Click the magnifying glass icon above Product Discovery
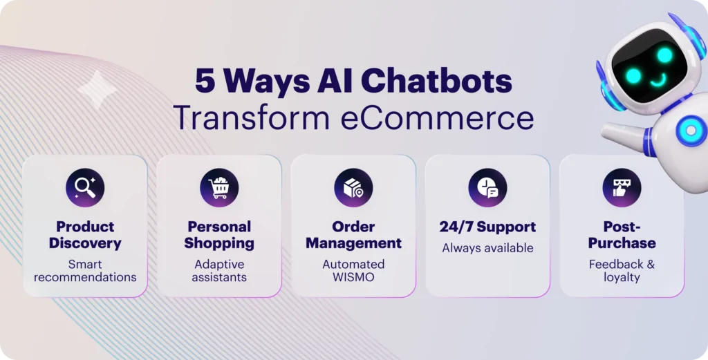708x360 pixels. click(85, 188)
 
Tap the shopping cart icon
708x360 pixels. click(219, 188)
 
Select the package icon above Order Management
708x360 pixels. click(353, 188)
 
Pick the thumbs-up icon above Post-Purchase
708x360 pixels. click(622, 188)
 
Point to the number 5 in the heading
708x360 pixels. click(205, 82)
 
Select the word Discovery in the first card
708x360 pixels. click(85, 244)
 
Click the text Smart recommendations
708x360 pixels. click(85, 271)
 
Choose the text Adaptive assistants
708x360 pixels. click(219, 271)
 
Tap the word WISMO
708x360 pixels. click(353, 277)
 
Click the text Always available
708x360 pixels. click(487, 247)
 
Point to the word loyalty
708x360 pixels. click(622, 278)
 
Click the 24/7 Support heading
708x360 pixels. click(487, 227)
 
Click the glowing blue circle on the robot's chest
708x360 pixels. click(691, 131)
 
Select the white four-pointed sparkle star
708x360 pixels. click(97, 90)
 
